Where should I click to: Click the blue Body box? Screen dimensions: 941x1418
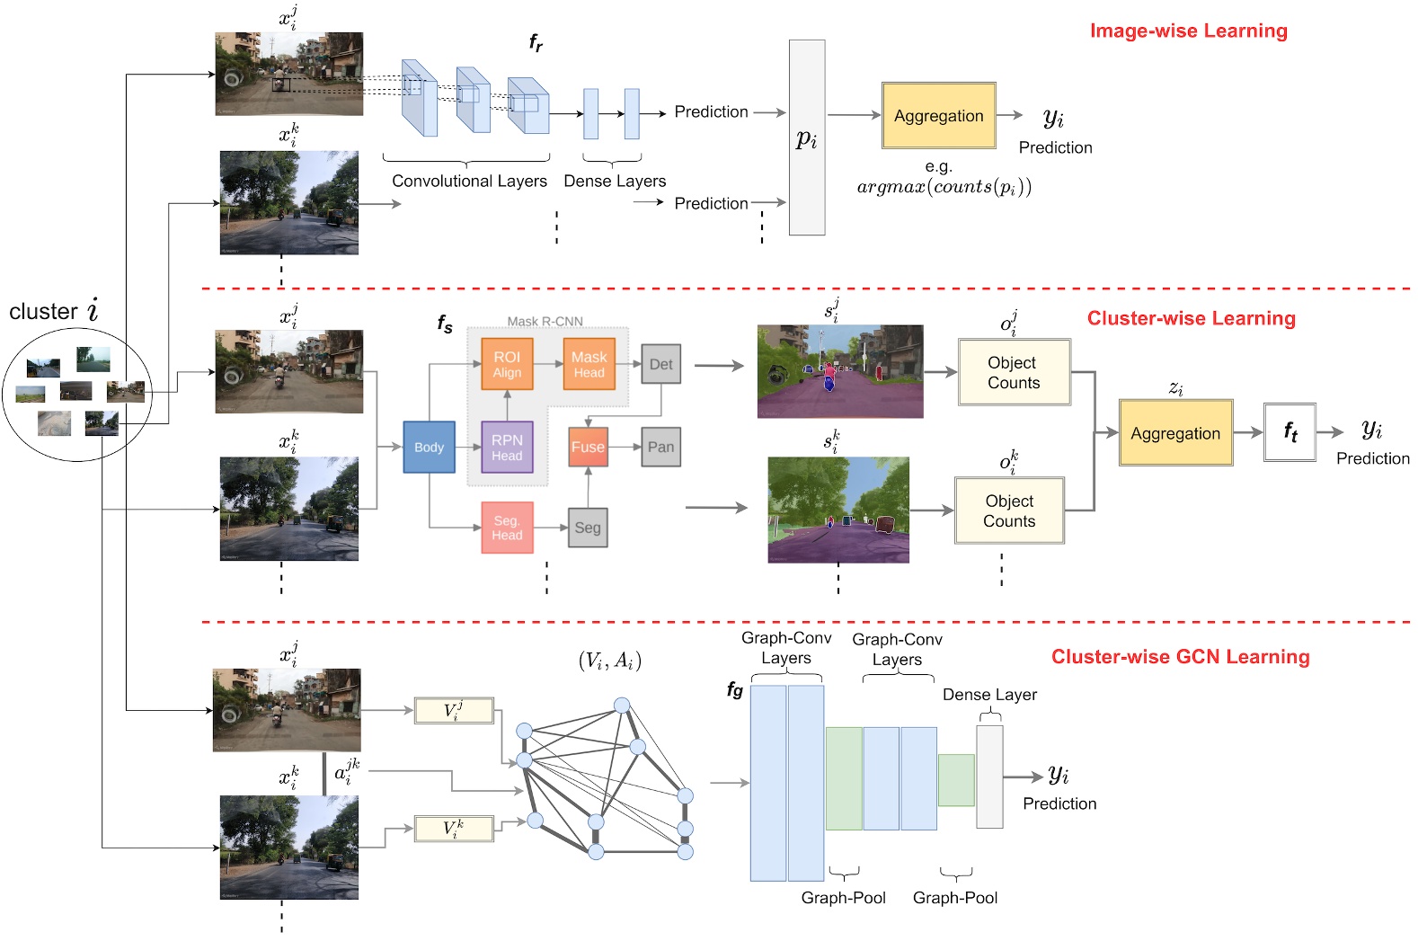coord(429,447)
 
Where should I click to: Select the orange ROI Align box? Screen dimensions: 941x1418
coord(507,364)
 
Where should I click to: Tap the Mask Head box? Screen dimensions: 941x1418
coord(589,364)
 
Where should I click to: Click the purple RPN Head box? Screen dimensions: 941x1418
coord(507,447)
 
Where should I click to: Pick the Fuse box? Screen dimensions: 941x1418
coord(588,447)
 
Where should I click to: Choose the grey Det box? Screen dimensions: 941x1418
coord(660,364)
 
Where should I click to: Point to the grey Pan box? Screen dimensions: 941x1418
coord(660,447)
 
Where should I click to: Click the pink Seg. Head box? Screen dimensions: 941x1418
coord(507,528)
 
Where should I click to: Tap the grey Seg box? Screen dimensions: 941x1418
coord(588,528)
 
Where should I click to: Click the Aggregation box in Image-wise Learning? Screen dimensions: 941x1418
coord(938,116)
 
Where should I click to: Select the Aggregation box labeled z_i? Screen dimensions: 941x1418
coord(1174,433)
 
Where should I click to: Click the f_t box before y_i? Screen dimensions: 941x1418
coord(1289,432)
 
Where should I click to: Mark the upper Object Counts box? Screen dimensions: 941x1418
coord(1014,372)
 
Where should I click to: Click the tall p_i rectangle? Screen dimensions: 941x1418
coord(806,138)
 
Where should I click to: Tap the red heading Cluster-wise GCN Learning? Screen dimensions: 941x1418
coord(1180,657)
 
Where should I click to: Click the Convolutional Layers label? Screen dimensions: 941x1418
coord(469,181)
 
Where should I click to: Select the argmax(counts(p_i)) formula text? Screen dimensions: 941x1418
coord(944,187)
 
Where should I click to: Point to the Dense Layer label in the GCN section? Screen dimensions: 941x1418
coord(989,695)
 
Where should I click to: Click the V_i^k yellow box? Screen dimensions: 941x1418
coord(454,828)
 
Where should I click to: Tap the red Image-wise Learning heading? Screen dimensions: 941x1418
coord(1188,31)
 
